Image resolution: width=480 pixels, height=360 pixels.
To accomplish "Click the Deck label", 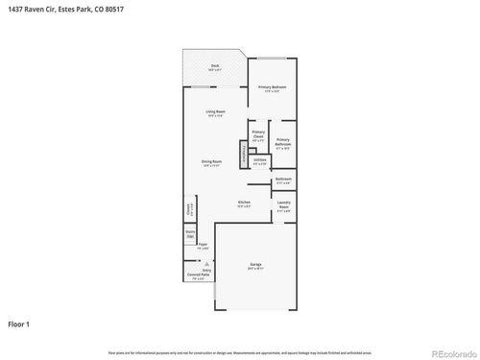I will click(215, 66).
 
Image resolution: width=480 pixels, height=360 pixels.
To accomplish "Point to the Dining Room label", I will click(211, 162).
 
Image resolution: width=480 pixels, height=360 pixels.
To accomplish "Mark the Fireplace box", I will click(244, 152).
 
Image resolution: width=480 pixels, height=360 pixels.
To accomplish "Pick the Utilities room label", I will click(259, 161).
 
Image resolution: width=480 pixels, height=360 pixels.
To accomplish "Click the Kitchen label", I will click(244, 203).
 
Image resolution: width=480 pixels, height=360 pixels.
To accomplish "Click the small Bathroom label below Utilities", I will click(283, 180).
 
